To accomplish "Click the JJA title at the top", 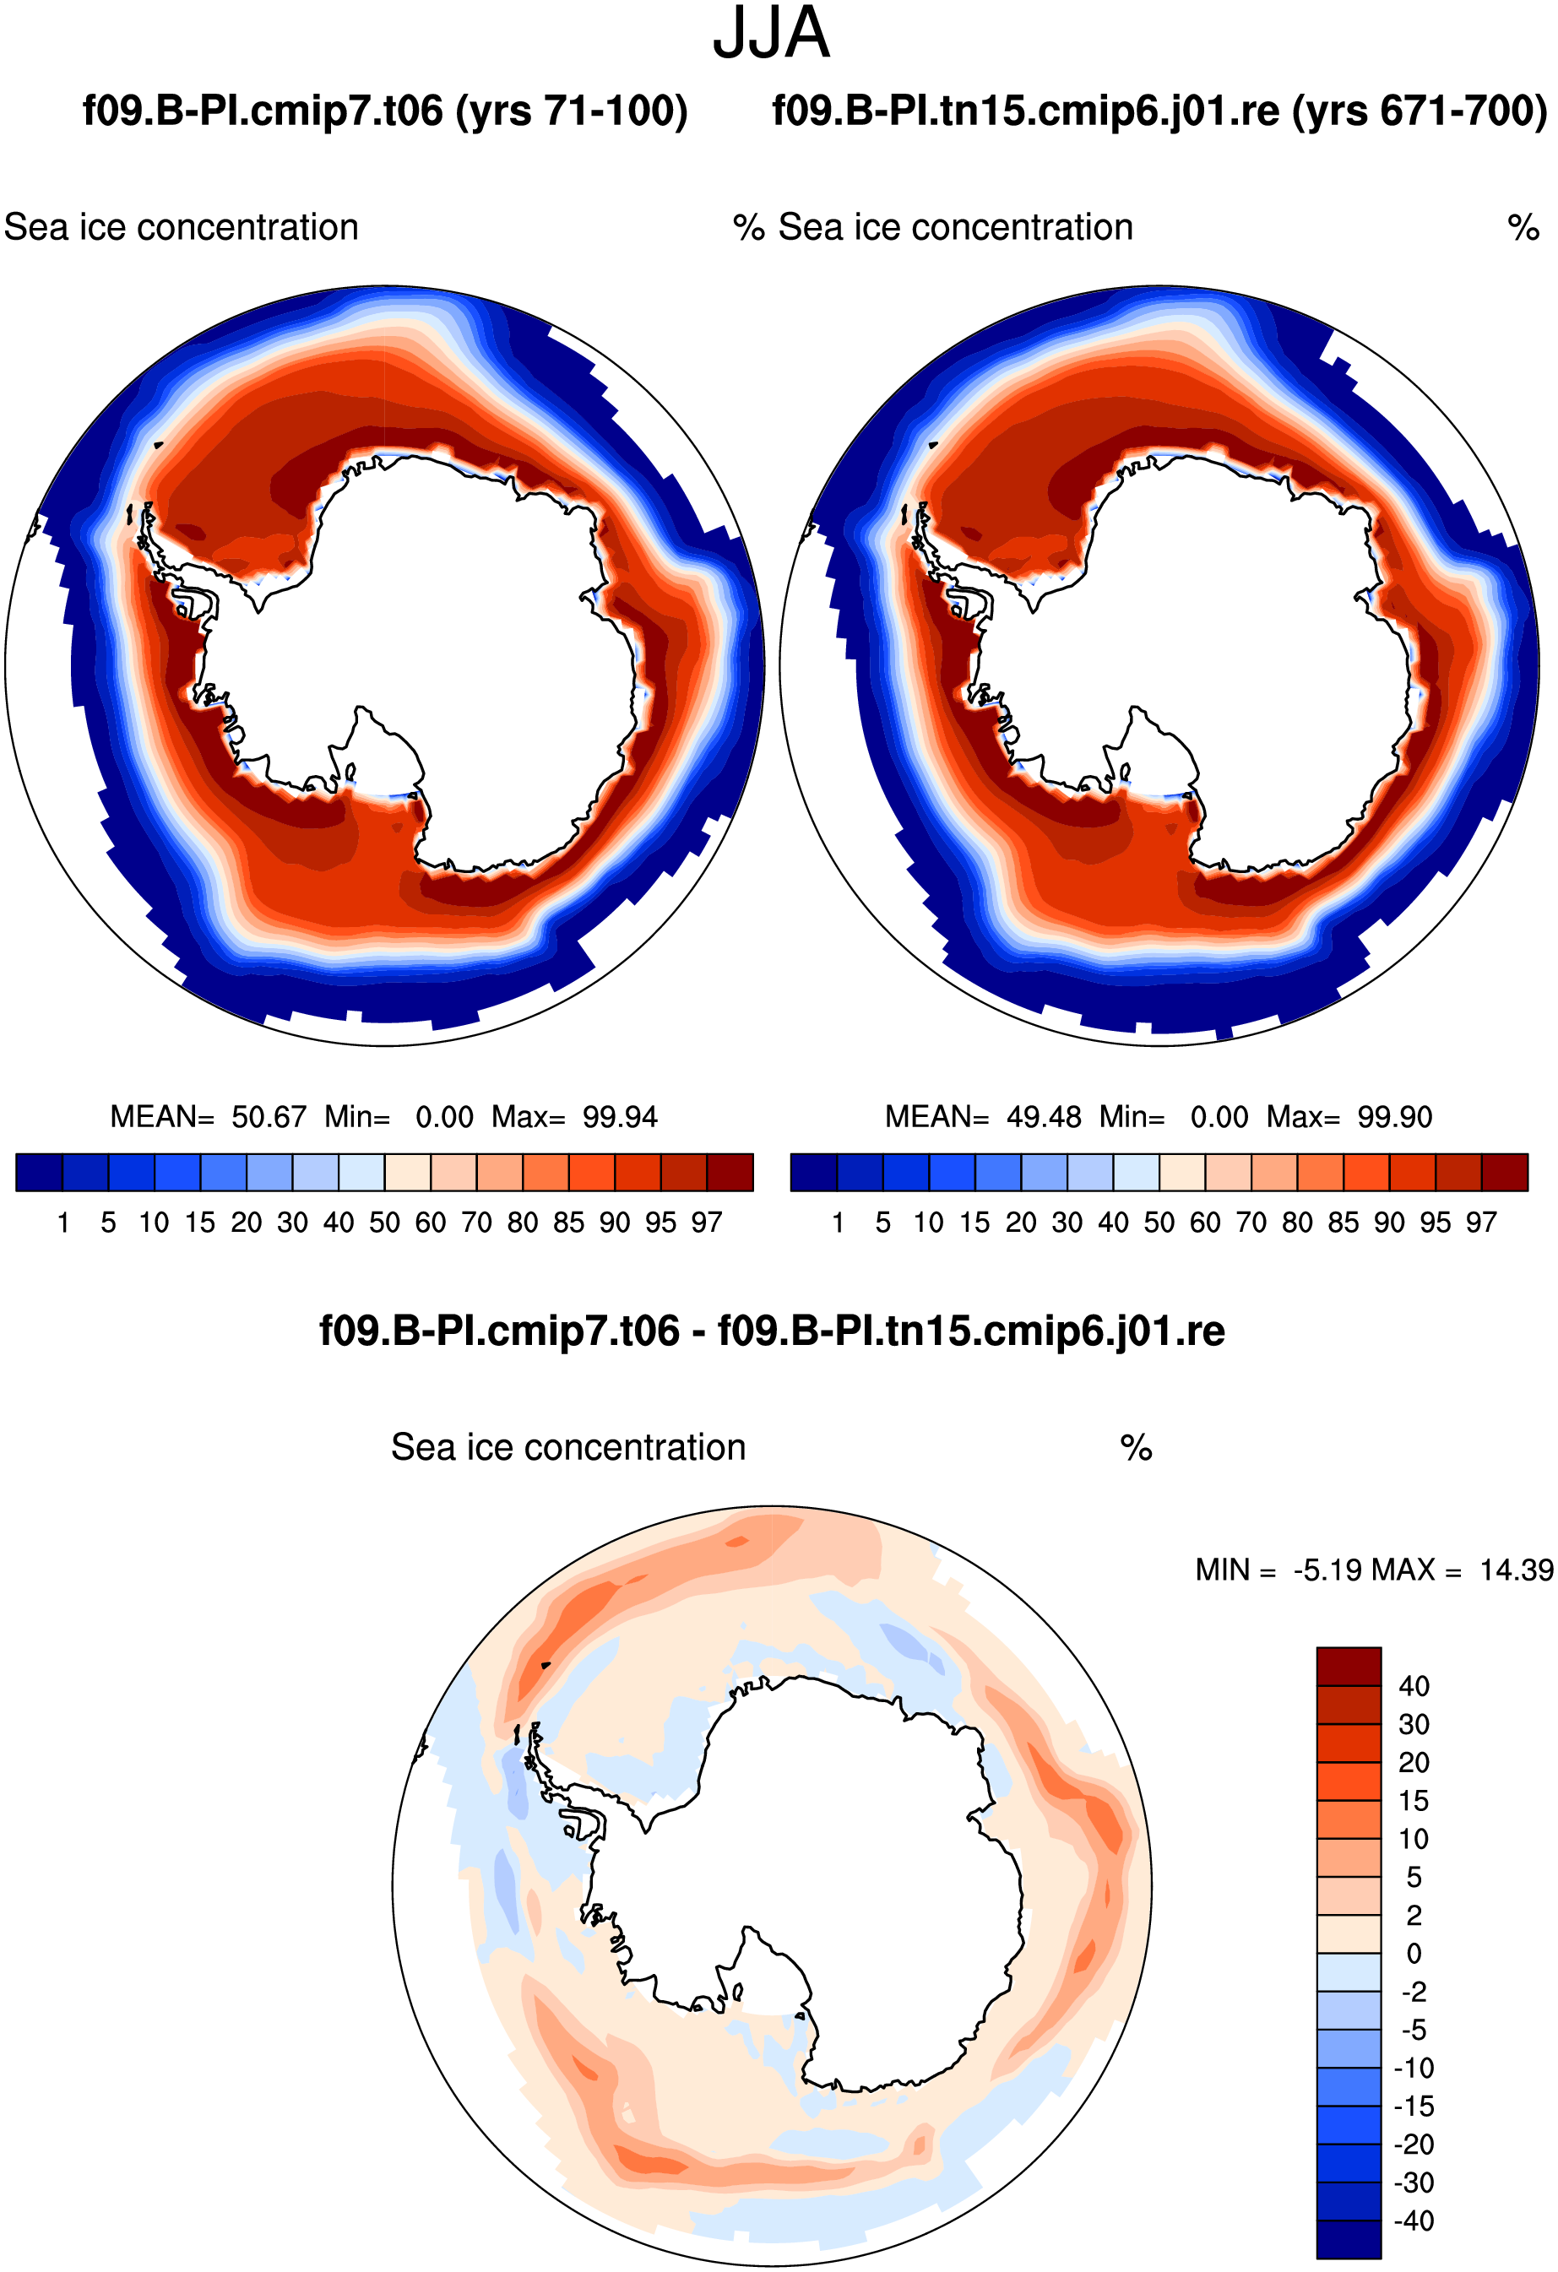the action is pyautogui.click(x=771, y=35).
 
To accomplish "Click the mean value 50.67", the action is pyautogui.click(x=269, y=1116).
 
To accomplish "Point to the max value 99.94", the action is pyautogui.click(x=620, y=1116).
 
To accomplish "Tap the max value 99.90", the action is pyautogui.click(x=1395, y=1116).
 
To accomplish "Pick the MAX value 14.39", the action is pyautogui.click(x=1516, y=1570).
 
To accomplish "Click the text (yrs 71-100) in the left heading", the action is pyautogui.click(x=571, y=111).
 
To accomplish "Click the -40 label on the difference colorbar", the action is pyautogui.click(x=1414, y=2220).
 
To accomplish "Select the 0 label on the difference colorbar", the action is pyautogui.click(x=1414, y=1954).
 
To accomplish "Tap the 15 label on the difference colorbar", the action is pyautogui.click(x=1414, y=1801).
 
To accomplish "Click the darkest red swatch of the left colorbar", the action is pyautogui.click(x=730, y=1172).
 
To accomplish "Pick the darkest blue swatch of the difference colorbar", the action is pyautogui.click(x=1349, y=2240).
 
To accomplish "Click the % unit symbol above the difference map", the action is pyautogui.click(x=1136, y=1448).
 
